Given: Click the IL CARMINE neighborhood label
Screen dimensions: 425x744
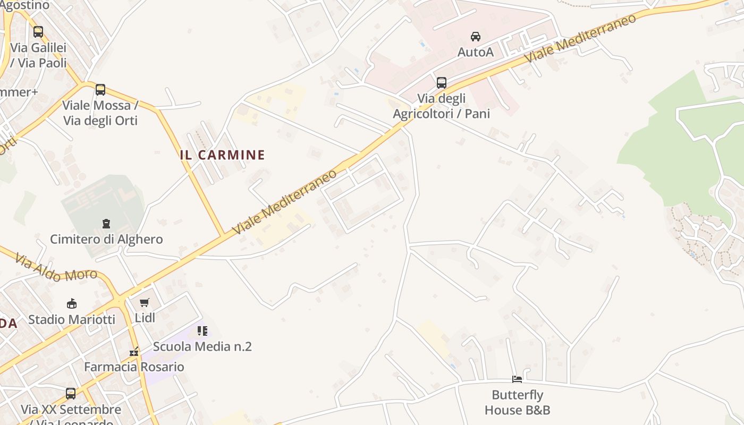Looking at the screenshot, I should tap(222, 155).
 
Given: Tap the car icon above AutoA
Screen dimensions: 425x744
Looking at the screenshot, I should tap(476, 37).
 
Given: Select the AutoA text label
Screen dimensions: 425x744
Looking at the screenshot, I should tap(476, 52).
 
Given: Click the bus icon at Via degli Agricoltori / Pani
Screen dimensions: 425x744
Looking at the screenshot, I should tap(442, 82).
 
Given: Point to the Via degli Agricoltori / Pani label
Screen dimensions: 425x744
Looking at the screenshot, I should tap(441, 106).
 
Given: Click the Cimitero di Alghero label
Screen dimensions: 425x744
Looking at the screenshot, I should tap(106, 239).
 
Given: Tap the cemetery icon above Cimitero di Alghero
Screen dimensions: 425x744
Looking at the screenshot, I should tap(106, 224).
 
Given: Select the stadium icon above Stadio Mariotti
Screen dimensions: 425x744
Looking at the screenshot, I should tap(72, 304).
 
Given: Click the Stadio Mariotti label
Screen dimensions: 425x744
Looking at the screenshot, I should tap(72, 319).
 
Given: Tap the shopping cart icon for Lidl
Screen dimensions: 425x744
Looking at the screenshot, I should tap(144, 303).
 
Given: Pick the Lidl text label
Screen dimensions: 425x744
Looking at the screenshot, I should tap(145, 318).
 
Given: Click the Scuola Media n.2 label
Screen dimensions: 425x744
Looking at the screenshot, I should tap(202, 346).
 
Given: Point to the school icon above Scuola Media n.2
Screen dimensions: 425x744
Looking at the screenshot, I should tap(202, 331).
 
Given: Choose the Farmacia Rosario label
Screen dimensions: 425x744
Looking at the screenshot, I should tap(134, 367).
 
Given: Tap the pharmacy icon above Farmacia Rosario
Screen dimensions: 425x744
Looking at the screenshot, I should tap(134, 352).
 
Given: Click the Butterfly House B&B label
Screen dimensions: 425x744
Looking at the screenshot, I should tap(517, 402).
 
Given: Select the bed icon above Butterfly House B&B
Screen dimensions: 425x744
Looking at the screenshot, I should tap(517, 379).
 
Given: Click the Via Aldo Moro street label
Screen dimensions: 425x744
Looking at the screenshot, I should tap(56, 267).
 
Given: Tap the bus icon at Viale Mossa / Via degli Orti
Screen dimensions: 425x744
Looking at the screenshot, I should tap(100, 90).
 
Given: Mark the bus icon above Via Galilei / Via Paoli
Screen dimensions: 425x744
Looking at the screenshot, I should tap(38, 32).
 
